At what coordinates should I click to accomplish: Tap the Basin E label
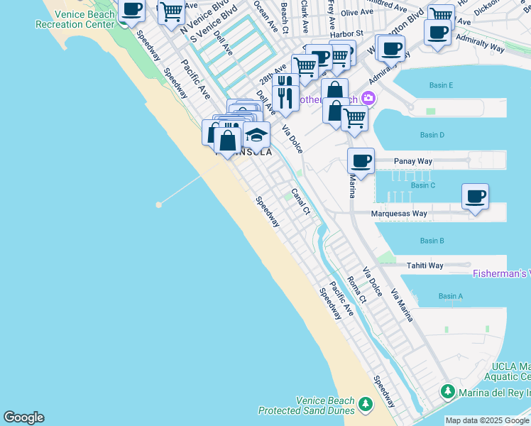click(441, 85)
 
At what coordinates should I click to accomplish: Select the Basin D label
click(432, 135)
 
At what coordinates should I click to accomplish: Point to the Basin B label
click(432, 241)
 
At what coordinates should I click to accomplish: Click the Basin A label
click(450, 296)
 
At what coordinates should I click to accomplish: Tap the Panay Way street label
click(413, 161)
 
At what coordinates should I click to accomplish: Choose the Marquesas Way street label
click(399, 213)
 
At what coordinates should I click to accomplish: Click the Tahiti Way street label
click(425, 266)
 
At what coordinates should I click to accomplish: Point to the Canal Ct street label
click(302, 202)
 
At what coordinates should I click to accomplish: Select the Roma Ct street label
click(356, 290)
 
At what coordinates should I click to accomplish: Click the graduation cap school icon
click(256, 134)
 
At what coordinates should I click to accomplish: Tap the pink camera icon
click(368, 97)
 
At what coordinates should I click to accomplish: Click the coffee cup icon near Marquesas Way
click(475, 195)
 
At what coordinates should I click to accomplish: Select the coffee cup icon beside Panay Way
click(361, 160)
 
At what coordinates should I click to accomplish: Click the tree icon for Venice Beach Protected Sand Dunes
click(365, 404)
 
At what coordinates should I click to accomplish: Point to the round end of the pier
click(158, 204)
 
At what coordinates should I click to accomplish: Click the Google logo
click(23, 417)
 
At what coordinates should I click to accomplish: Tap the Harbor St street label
click(346, 33)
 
